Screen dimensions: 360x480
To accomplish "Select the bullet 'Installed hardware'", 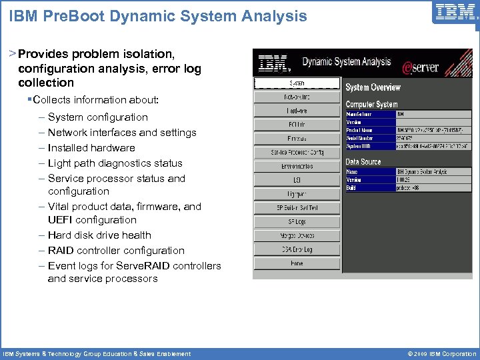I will coord(91,148).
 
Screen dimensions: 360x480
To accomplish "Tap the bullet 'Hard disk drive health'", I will coord(99,235).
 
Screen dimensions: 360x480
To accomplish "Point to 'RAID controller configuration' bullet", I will coord(116,251).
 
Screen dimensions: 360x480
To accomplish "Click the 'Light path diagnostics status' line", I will coord(115,163).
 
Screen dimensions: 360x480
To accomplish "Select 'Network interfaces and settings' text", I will coord(122,133).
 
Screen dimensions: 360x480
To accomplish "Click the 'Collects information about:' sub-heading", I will coord(95,100).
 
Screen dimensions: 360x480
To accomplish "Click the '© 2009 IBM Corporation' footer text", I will coord(436,353).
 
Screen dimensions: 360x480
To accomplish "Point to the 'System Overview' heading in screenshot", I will coord(373,87).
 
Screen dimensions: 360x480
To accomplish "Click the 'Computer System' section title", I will coord(371,105).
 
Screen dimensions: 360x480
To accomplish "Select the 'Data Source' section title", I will coord(363,162).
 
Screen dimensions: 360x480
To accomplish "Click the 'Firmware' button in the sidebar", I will coord(297,139).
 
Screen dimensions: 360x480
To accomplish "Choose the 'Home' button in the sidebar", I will coord(297,264).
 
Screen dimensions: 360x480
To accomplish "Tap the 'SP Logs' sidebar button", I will coord(297,222).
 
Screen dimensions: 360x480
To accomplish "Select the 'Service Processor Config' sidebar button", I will coord(297,153).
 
